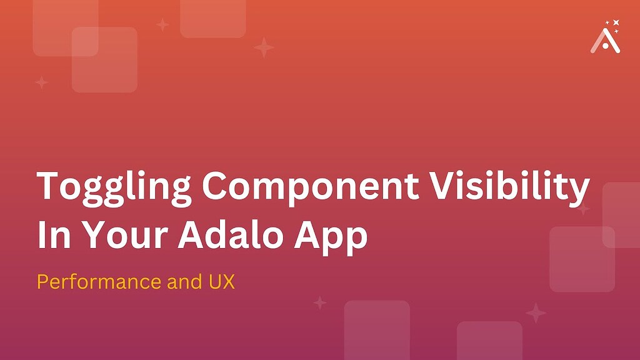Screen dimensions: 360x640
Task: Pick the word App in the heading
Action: tap(335, 236)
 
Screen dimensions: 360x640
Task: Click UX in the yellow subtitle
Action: tap(221, 282)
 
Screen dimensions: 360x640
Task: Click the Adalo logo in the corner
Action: tap(605, 41)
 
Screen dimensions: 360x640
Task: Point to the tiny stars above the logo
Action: tap(613, 25)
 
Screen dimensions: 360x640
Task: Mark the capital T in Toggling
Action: tap(49, 186)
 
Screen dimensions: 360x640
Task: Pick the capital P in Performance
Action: tap(42, 282)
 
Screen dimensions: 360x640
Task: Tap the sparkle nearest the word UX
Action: tap(320, 303)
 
